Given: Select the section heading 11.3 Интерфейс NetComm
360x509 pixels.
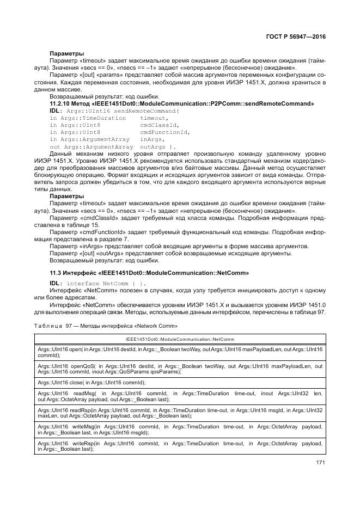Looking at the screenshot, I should [149, 272].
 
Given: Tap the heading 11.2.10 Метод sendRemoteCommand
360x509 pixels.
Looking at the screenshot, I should [181, 103].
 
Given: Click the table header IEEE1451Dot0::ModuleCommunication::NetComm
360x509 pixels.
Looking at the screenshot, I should [180, 339].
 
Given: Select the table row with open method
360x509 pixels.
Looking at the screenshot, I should [180, 352].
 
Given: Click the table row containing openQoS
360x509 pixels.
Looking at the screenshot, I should [180, 370].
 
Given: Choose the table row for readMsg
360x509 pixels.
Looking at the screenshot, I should [180, 396].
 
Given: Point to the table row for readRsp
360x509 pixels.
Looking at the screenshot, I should [180, 413].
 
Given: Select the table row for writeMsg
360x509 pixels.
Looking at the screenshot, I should [180, 430].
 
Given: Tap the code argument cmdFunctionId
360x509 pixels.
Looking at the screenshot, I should [164, 132].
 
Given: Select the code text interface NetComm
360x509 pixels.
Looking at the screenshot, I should [103, 284].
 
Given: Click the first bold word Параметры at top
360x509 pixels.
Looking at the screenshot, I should [66, 53].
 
